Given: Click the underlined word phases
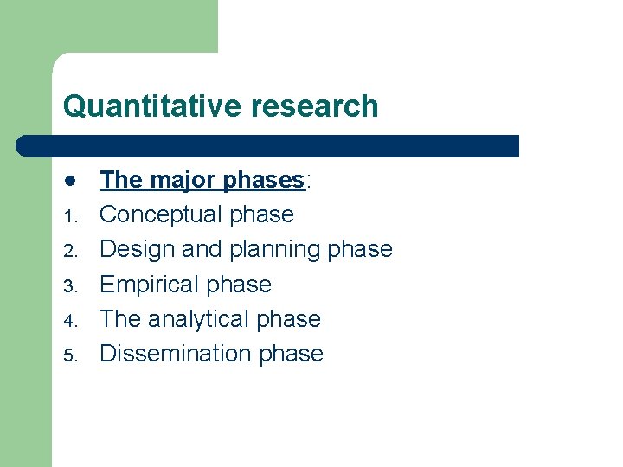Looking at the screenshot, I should point(263,180).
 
